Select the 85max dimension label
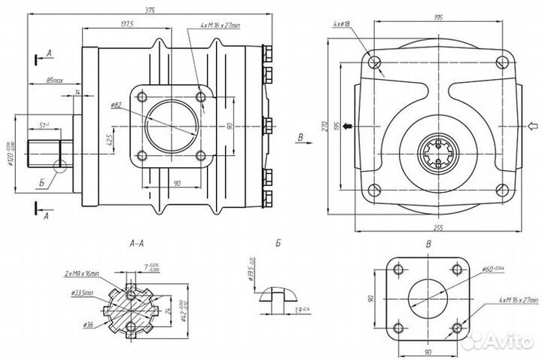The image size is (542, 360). (54, 78)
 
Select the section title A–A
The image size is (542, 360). (138, 243)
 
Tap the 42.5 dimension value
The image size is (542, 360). (110, 139)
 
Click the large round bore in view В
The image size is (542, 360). (427, 298)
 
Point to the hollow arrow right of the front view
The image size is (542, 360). (532, 126)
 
